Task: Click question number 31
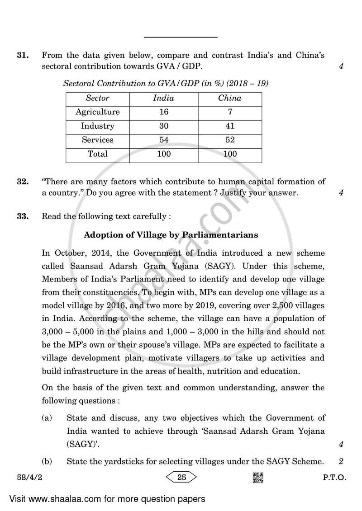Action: click(x=23, y=56)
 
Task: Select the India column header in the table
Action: click(x=163, y=98)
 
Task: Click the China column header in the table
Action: click(x=229, y=98)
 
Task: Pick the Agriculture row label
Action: click(x=97, y=112)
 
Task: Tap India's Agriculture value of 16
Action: click(x=163, y=112)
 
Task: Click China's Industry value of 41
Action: click(x=229, y=126)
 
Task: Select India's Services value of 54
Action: click(x=163, y=140)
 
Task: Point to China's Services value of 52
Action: click(x=229, y=140)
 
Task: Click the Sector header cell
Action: click(x=97, y=98)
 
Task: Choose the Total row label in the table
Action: click(x=97, y=154)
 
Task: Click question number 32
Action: click(x=23, y=182)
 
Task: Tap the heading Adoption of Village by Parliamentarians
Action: click(x=171, y=234)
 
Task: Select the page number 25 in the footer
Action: click(x=182, y=478)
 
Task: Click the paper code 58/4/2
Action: click(x=26, y=478)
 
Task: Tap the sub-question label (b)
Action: click(x=47, y=461)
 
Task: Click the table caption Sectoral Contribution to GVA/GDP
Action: click(x=166, y=83)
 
